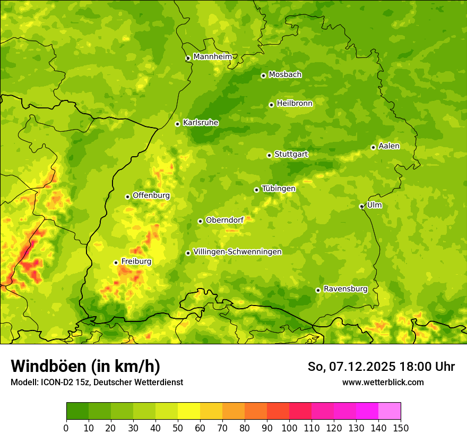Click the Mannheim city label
212,57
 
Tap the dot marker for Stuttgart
269,155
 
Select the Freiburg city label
136,261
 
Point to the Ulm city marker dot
361,206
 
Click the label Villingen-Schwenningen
237,252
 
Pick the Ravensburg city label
345,289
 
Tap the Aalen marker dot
373,147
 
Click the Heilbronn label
295,104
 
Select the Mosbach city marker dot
263,75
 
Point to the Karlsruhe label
200,123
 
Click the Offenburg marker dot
127,197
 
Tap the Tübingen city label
279,189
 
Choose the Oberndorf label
224,220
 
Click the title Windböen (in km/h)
85,366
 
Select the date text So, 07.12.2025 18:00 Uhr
381,367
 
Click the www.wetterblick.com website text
383,382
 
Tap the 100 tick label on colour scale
289,428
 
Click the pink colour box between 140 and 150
389,411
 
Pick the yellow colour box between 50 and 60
189,411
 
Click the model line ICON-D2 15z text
97,382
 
